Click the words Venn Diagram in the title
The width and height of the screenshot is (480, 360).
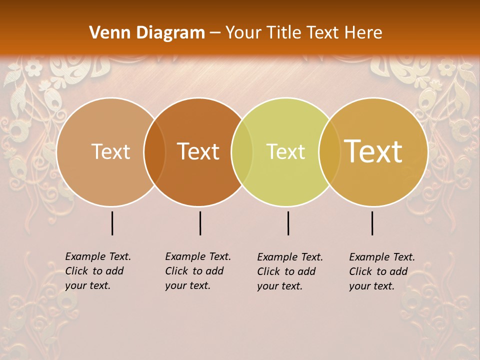147,33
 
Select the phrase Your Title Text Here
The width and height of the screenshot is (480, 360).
303,33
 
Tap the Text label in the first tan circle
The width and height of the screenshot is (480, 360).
110,151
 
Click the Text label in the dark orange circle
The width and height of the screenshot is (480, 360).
198,151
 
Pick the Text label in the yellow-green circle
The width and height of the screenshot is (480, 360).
285,151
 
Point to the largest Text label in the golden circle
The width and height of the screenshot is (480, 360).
373,151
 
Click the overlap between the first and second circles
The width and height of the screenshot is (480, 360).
154,152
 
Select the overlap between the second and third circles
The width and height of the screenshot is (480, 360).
242,152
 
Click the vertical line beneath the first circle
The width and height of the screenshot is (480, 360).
112,223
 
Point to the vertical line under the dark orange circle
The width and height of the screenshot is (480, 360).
200,223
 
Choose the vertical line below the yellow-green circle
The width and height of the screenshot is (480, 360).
288,223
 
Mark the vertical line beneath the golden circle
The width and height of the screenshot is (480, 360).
372,223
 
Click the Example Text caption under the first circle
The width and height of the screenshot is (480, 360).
98,271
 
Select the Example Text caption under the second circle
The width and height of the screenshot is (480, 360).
198,271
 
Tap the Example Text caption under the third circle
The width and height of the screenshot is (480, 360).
290,271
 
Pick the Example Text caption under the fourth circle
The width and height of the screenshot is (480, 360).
382,271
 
